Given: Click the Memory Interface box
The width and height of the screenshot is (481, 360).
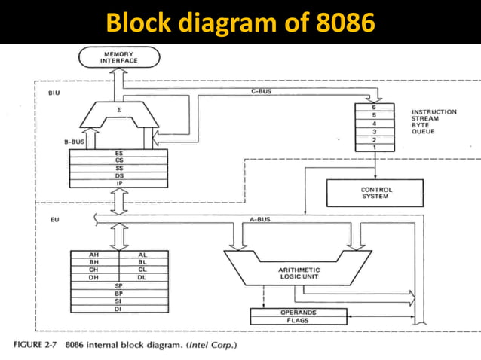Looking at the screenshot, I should [x=119, y=57].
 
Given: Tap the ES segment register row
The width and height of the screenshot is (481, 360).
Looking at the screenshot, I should [x=119, y=154].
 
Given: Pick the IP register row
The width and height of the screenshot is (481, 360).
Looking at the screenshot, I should [x=119, y=182].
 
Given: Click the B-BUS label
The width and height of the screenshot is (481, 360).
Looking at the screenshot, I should [x=74, y=141].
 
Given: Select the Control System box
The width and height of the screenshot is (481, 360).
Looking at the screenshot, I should [x=374, y=192].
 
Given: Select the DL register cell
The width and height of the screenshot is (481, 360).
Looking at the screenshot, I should [x=142, y=278].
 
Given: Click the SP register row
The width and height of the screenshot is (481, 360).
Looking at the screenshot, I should [x=118, y=286].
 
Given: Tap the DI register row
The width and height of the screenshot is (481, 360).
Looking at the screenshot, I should [x=118, y=309].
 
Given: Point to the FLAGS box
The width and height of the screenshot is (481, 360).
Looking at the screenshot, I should [x=299, y=321].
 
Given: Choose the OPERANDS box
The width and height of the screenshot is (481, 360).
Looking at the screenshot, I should [x=299, y=312].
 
